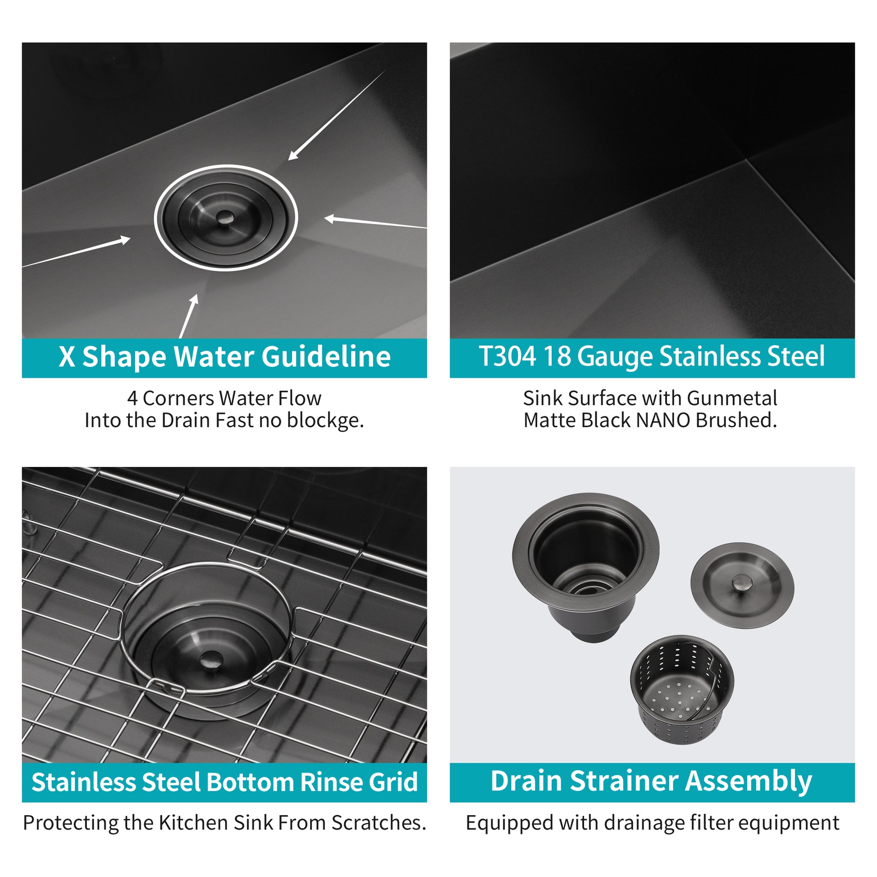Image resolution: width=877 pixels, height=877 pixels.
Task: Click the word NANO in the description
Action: (x=664, y=420)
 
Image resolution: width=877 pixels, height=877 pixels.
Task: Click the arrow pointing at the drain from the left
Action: (x=77, y=251)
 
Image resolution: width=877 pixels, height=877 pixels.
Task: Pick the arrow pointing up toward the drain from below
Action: (x=189, y=315)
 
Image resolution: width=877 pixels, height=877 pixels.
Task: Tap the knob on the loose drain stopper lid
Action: (x=742, y=582)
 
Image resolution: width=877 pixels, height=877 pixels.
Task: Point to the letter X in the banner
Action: (x=67, y=357)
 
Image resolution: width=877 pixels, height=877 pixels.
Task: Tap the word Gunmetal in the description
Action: (x=732, y=398)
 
